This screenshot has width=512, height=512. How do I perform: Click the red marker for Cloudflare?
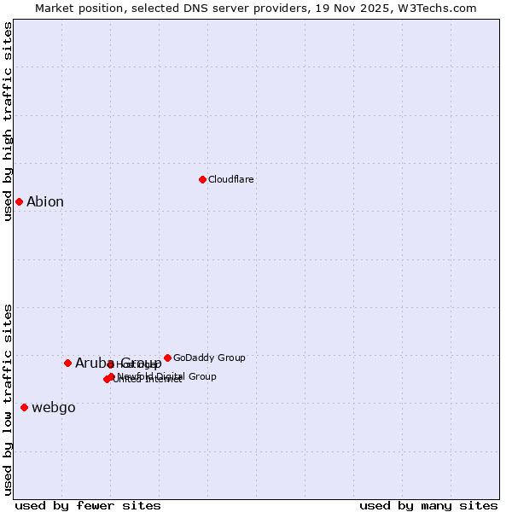tap(202, 179)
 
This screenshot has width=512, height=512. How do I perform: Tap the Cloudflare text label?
tap(230, 179)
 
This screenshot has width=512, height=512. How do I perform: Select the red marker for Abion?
tap(19, 201)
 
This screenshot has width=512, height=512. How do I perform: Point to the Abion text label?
tap(44, 202)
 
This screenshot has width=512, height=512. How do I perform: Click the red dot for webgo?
tap(24, 407)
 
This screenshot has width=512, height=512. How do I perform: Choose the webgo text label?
tap(53, 408)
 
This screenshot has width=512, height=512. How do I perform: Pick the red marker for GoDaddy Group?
tap(167, 358)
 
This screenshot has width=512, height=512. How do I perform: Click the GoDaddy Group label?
tap(209, 358)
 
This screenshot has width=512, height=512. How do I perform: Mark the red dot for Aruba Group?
tap(67, 363)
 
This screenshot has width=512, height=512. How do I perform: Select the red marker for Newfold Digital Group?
tap(111, 376)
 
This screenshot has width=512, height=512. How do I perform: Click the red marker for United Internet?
tap(107, 379)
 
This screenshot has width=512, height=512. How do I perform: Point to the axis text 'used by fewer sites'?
tap(88, 505)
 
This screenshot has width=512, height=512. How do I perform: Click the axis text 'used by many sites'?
tap(428, 505)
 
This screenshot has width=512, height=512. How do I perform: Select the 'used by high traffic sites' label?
tap(8, 122)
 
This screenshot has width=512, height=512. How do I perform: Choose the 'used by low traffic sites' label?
tap(8, 399)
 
